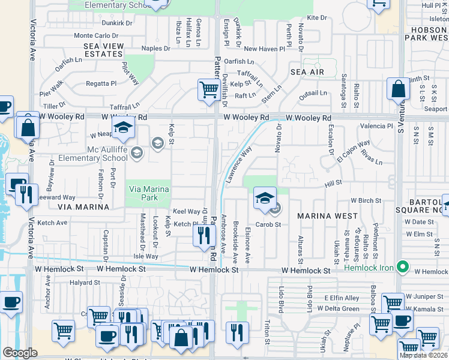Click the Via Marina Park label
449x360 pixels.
148,193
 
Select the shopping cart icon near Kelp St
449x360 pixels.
208,90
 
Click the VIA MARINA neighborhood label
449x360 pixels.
84,206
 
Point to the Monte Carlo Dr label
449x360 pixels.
92,36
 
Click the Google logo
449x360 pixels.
20,353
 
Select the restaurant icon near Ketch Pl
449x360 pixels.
203,235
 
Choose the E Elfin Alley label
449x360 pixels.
342,298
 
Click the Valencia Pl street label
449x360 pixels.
376,127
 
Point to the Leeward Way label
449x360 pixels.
57,197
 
